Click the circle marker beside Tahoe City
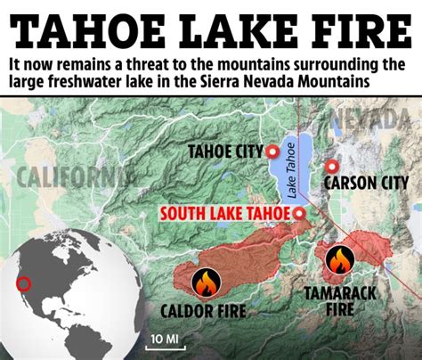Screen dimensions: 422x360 272,152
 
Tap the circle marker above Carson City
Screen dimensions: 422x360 333,166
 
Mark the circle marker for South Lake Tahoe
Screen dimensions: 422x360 299,214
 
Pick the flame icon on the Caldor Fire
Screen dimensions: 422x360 205,284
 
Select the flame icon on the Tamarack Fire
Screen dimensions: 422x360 339,260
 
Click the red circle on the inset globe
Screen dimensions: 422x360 24,285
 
